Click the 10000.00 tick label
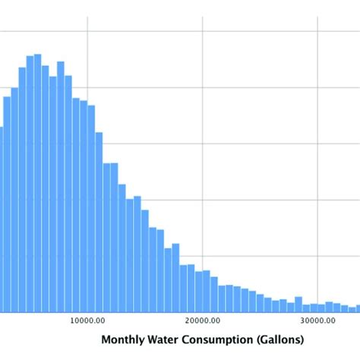(x=87, y=321)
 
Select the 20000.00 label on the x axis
(x=203, y=321)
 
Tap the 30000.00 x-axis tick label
(x=318, y=321)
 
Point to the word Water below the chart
(x=167, y=339)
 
